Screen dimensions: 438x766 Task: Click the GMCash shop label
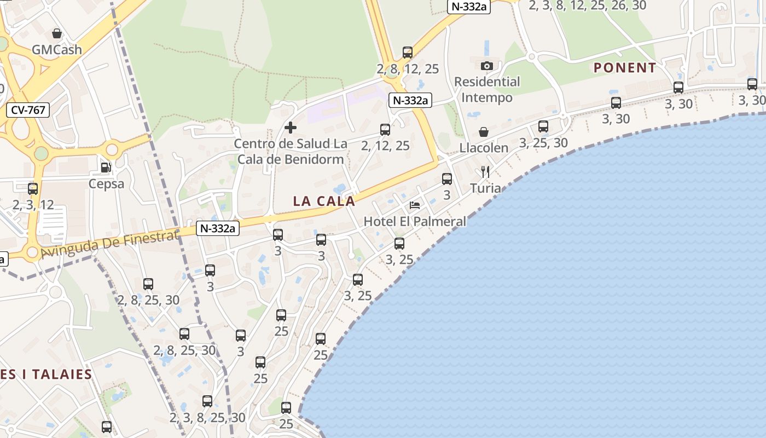57,50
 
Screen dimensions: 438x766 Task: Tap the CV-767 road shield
28,110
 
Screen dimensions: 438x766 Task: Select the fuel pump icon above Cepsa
106,168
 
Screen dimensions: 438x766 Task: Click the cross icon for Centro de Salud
291,128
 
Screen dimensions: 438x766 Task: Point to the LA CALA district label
324,201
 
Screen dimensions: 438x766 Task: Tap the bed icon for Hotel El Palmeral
415,205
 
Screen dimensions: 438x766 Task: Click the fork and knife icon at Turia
485,172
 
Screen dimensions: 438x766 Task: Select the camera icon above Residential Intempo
486,66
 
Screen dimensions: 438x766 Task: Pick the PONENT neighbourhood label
625,68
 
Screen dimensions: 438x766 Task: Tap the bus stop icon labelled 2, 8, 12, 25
408,53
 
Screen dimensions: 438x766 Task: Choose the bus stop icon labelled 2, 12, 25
385,130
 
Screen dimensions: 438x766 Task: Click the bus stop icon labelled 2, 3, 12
33,189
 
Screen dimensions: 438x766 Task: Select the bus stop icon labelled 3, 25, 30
543,126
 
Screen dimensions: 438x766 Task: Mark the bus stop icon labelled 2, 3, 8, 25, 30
207,401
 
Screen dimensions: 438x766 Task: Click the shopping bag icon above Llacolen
484,132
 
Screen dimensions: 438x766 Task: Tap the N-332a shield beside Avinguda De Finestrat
218,228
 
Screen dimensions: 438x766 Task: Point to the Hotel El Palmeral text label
415,222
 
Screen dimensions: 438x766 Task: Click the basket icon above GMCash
56,33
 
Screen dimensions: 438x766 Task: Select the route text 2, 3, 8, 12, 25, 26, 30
588,5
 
